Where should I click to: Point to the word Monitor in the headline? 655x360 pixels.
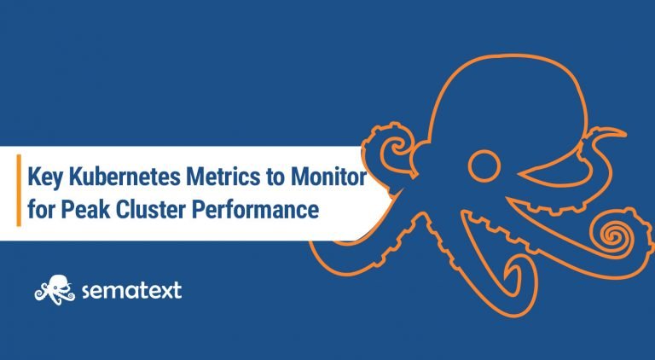pyautogui.click(x=328, y=177)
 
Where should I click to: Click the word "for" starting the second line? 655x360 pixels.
pyautogui.click(x=41, y=209)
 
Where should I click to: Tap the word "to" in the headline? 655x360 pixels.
pyautogui.click(x=275, y=177)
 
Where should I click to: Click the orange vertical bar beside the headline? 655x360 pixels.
pyautogui.click(x=19, y=190)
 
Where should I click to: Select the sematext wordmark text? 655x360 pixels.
pyautogui.click(x=131, y=290)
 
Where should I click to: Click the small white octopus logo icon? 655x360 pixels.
pyautogui.click(x=55, y=290)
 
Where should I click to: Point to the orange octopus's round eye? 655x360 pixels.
pyautogui.click(x=484, y=165)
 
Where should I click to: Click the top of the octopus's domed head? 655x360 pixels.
pyautogui.click(x=510, y=56)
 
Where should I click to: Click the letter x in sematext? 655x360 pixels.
pyautogui.click(x=165, y=291)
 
